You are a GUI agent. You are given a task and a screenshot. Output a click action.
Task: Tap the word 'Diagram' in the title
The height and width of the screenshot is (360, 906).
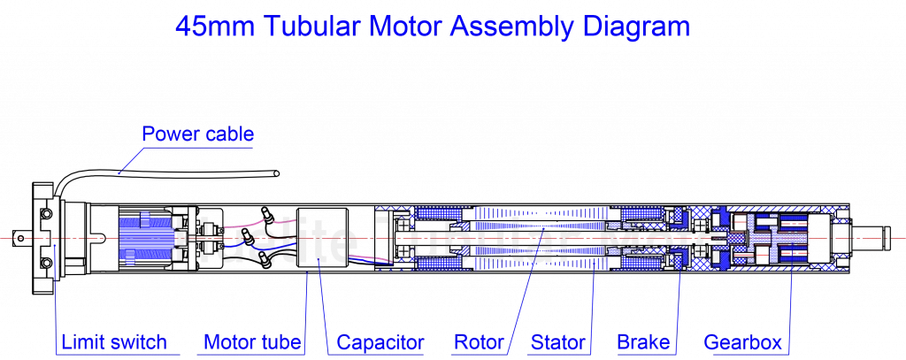point(635,27)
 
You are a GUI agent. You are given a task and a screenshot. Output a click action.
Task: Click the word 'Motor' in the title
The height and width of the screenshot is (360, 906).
point(403,27)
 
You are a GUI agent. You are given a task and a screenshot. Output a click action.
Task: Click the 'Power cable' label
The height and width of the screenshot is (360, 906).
point(198,134)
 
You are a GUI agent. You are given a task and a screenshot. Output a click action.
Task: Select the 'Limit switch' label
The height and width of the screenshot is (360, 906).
point(113,342)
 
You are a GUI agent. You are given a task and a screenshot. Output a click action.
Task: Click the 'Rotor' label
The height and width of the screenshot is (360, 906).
point(479,342)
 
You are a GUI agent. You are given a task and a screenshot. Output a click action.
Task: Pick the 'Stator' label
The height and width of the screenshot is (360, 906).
point(558,342)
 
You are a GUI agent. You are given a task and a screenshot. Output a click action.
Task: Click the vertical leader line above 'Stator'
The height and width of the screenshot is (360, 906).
point(591,301)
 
